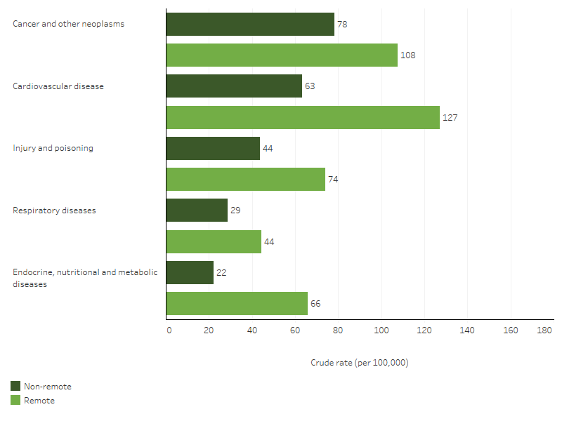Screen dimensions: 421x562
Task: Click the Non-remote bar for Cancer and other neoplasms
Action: click(250, 24)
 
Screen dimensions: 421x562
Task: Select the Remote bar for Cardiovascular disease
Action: click(303, 117)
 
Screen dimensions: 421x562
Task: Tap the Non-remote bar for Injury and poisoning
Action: click(213, 148)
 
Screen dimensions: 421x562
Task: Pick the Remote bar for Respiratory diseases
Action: click(214, 241)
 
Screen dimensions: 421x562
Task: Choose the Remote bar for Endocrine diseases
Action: click(237, 303)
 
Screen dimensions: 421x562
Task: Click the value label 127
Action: click(450, 117)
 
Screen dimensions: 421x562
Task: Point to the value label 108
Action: click(408, 55)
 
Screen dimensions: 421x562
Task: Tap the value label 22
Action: click(221, 272)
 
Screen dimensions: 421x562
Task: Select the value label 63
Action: click(311, 86)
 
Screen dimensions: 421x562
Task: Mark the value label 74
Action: click(333, 180)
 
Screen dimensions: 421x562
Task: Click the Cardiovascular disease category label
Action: click(58, 86)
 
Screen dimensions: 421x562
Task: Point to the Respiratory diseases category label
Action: click(54, 210)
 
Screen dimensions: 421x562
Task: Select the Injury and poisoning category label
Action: click(53, 148)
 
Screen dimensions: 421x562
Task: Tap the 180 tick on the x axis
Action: click(544, 330)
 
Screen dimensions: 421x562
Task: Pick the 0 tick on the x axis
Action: click(169, 330)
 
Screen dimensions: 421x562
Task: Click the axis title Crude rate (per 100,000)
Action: click(359, 363)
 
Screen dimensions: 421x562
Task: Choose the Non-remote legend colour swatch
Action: click(15, 386)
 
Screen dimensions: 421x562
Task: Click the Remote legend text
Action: click(39, 401)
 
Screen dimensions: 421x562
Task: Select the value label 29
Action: click(235, 210)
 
